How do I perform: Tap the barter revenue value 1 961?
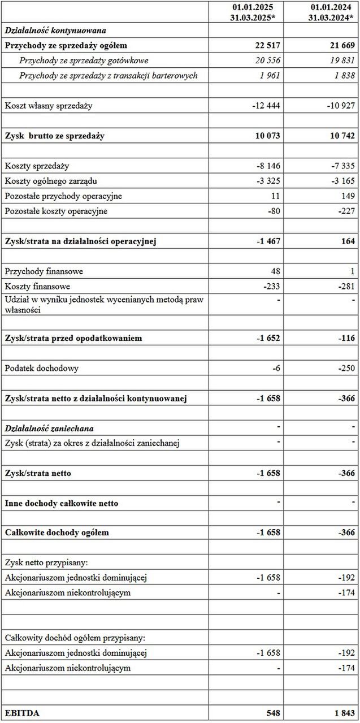click(270, 75)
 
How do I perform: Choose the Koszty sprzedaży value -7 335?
click(342, 166)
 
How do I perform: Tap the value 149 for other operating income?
click(348, 196)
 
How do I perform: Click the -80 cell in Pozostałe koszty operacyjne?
click(274, 211)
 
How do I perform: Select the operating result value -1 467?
click(268, 241)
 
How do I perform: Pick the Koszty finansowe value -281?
click(346, 287)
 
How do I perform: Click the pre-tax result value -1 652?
click(268, 338)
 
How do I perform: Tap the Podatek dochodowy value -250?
click(346, 368)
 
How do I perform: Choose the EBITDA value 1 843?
click(344, 713)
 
